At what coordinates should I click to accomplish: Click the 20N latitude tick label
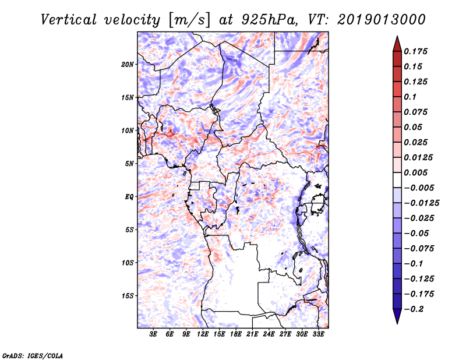pyautogui.click(x=128, y=64)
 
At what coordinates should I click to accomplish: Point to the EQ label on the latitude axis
pyautogui.click(x=129, y=197)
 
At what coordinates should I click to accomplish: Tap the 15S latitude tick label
pyautogui.click(x=128, y=296)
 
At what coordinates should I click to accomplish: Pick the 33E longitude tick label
pyautogui.click(x=318, y=334)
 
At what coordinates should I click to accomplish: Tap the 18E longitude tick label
pyautogui.click(x=235, y=334)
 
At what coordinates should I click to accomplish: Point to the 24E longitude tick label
pyautogui.click(x=269, y=334)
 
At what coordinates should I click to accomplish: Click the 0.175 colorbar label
pyautogui.click(x=417, y=51)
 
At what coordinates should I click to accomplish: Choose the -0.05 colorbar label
pyautogui.click(x=417, y=233)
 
